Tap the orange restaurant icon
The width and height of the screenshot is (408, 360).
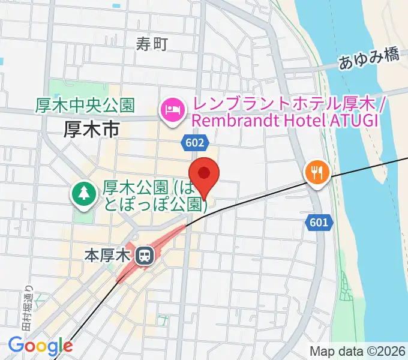click(316, 173)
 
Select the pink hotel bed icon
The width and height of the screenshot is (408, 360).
click(172, 110)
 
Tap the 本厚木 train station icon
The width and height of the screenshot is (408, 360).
click(145, 256)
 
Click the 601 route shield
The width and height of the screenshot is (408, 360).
click(320, 223)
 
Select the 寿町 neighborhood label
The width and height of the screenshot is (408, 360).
click(151, 43)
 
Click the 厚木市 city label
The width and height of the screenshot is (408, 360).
click(92, 128)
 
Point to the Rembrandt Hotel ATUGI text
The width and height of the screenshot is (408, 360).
click(284, 120)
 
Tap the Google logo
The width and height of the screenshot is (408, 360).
click(40, 346)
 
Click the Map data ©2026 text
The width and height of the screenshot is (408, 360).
click(358, 351)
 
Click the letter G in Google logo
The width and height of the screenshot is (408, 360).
click(16, 345)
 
